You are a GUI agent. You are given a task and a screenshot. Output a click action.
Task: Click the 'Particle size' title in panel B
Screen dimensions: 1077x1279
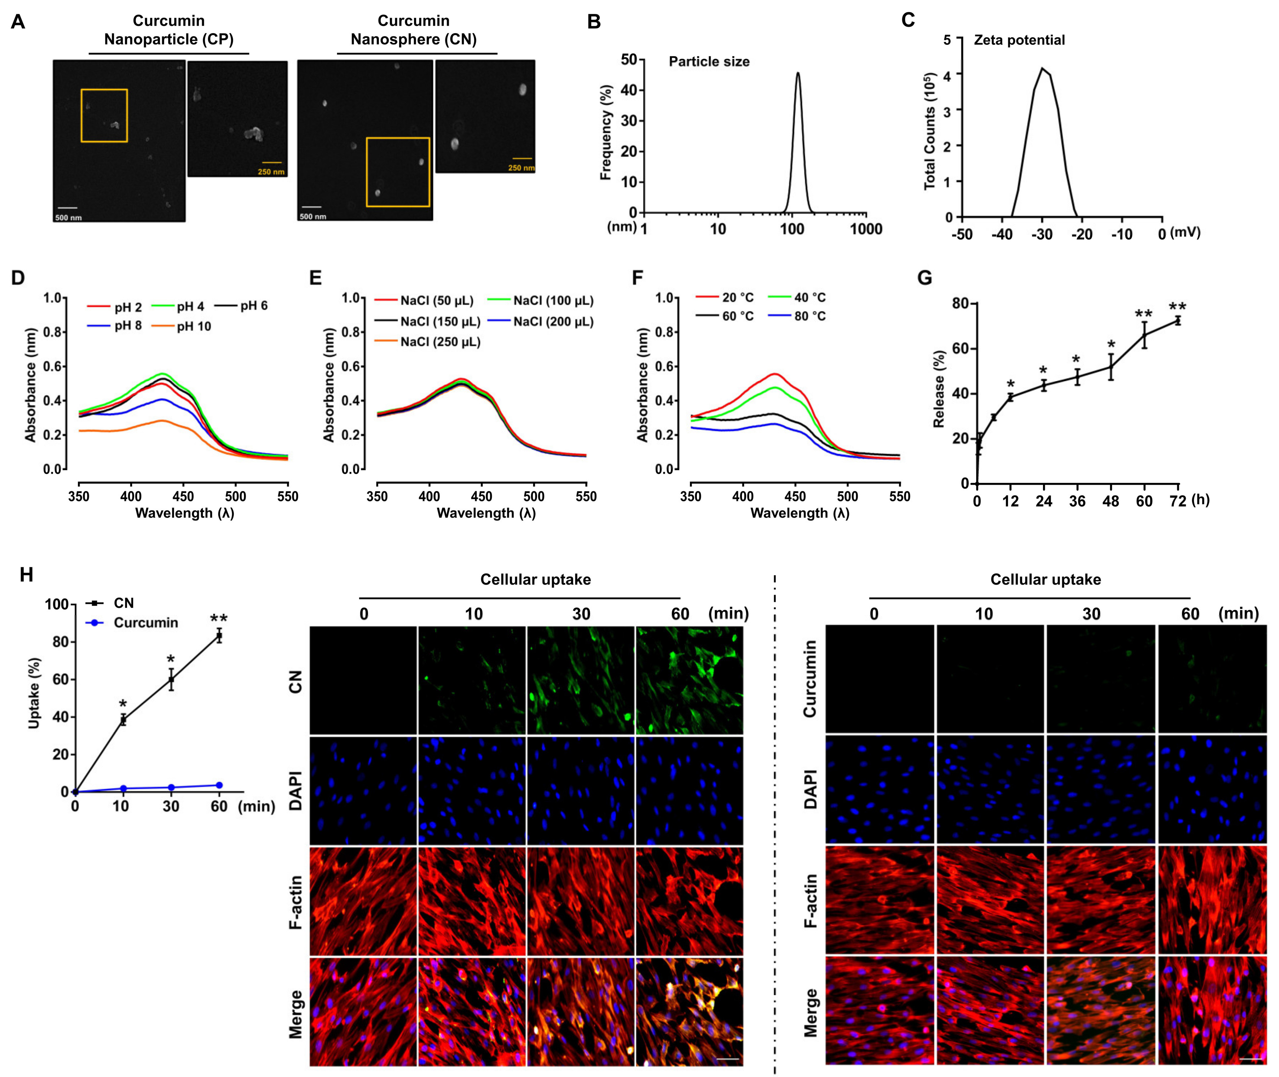tap(709, 62)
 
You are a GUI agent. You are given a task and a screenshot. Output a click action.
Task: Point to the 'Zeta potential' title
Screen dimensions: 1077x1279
tap(1019, 40)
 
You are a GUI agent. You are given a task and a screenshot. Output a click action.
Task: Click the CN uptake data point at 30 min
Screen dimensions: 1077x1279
tap(171, 680)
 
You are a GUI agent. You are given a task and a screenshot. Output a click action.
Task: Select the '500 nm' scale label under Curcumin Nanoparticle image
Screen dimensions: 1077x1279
tap(68, 218)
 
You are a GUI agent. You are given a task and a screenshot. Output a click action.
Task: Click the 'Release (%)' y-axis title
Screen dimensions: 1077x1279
tap(939, 389)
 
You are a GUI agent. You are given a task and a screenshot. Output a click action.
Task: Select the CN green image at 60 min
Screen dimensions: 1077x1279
tap(689, 680)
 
